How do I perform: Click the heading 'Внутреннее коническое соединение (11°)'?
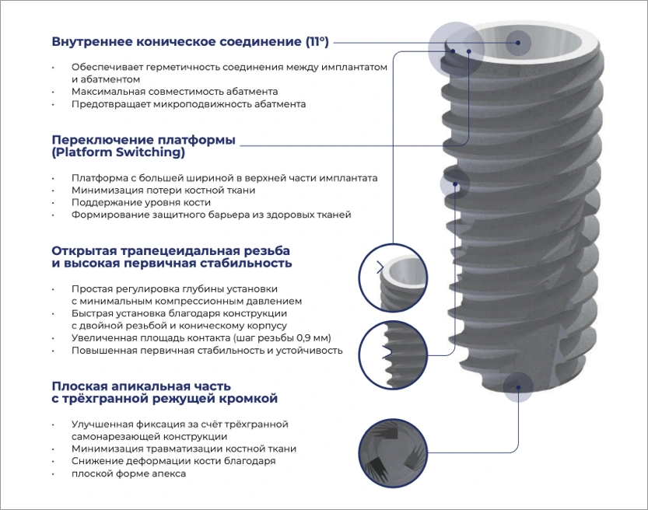pos(190,41)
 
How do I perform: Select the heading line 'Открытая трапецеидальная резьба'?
pos(170,251)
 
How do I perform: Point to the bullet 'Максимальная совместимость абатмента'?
pos(174,91)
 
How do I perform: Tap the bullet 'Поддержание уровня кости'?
pos(140,202)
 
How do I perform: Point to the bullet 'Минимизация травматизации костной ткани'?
pos(184,449)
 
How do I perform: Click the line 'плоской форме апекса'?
pos(128,473)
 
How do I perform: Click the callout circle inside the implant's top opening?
pos(519,41)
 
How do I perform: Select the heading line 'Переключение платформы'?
pos(143,140)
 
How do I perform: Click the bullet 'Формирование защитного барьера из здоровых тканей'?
pos(211,215)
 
